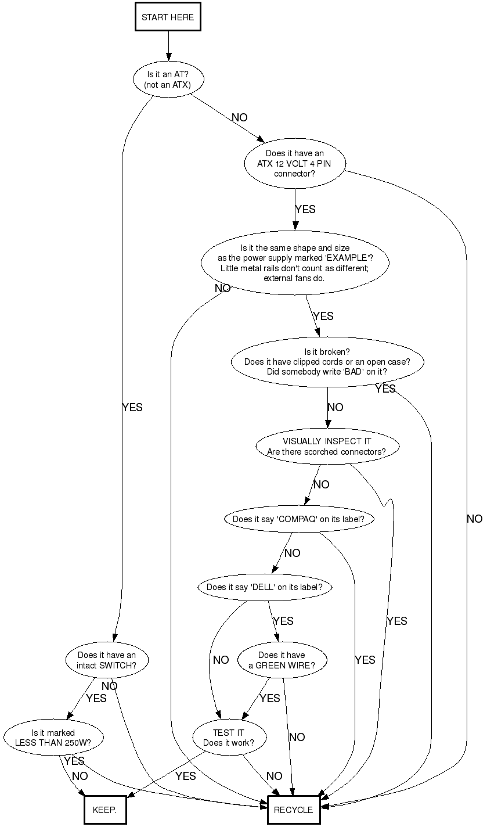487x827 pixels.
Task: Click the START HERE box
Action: (x=168, y=17)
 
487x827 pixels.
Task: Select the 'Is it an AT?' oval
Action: (x=168, y=80)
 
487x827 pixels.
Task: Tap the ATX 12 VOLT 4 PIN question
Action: (x=295, y=164)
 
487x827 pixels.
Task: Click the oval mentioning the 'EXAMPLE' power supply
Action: (x=295, y=263)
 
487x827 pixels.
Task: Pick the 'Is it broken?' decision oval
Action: (x=327, y=362)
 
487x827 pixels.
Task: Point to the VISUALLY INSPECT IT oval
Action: (x=327, y=446)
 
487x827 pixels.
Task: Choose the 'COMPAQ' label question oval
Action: (x=298, y=519)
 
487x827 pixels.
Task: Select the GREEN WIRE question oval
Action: (x=282, y=660)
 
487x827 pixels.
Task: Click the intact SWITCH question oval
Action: (x=107, y=660)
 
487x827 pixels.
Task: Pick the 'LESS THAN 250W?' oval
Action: (x=53, y=738)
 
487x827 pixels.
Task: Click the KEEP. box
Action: (x=104, y=810)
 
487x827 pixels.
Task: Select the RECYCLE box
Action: (x=293, y=810)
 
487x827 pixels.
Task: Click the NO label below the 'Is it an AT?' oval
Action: (x=239, y=117)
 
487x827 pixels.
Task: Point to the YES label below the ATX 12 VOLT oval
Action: (x=305, y=209)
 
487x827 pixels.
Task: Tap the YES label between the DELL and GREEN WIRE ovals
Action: (x=283, y=621)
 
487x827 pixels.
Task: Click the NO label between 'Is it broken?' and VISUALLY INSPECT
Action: (x=336, y=407)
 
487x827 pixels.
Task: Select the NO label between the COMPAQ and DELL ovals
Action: (x=292, y=553)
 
